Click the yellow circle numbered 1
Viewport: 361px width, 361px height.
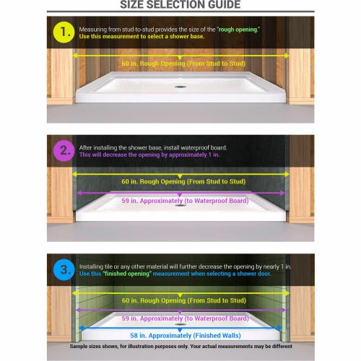coord(64,32)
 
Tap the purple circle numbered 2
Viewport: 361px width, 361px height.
coord(64,151)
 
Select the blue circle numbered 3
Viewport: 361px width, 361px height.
coord(64,270)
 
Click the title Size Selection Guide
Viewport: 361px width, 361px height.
coord(180,4)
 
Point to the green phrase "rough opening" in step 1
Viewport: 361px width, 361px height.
coord(238,30)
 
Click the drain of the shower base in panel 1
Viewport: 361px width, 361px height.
coord(180,87)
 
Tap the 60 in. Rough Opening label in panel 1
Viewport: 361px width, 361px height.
coord(183,64)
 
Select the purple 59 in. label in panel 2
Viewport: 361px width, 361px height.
coord(185,201)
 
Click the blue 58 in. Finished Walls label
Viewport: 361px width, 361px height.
coord(186,336)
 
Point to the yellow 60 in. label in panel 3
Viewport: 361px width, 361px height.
coord(184,300)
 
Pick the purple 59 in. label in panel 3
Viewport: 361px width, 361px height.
coord(185,318)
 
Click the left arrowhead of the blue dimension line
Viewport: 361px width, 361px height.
coord(82,328)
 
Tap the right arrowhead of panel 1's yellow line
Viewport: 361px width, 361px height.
coord(287,56)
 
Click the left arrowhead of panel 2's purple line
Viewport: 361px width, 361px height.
coord(79,193)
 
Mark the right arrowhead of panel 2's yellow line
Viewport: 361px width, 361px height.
coord(287,174)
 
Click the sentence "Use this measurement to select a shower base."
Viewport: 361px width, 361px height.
coord(142,36)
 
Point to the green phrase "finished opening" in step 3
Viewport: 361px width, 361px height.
coord(127,274)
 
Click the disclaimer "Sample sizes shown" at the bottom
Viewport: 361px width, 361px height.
coord(180,347)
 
